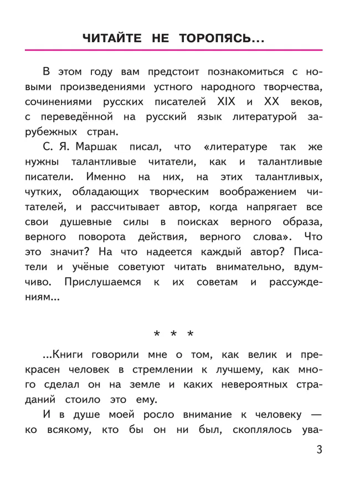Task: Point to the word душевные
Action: tap(79, 223)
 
